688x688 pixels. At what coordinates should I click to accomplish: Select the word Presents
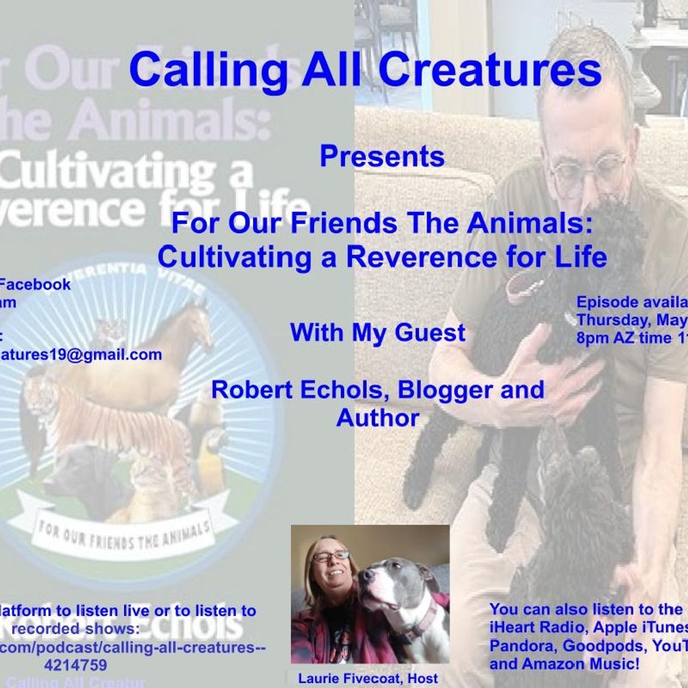pos(382,156)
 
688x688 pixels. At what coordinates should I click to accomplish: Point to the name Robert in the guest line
pos(248,390)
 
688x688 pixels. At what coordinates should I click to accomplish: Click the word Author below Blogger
pos(377,418)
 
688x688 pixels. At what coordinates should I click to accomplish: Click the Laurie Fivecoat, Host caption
pos(368,679)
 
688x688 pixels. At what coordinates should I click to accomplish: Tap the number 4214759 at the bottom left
pos(75,665)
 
